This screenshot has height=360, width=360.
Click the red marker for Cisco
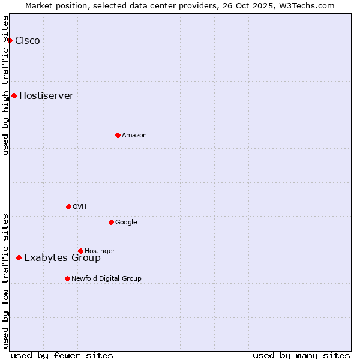click(10, 40)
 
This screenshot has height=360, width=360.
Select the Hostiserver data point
click(14, 95)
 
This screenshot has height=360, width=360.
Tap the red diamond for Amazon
click(118, 135)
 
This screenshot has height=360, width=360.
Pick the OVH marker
click(68, 206)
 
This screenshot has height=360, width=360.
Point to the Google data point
click(111, 222)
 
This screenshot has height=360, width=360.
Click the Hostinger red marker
click(80, 251)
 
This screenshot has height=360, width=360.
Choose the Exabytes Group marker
click(19, 257)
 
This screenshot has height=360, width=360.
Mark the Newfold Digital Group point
click(67, 278)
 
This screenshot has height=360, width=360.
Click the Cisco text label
click(28, 41)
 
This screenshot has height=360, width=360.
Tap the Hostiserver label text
click(46, 96)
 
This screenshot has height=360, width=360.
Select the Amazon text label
click(134, 136)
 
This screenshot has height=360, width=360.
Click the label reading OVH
click(80, 207)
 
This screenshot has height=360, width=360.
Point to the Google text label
click(126, 223)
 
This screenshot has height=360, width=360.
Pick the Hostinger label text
click(100, 251)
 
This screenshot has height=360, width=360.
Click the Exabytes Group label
click(62, 258)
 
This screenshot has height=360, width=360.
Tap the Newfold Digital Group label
click(106, 278)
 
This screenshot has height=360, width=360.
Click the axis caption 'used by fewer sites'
click(62, 355)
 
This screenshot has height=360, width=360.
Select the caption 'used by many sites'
click(301, 355)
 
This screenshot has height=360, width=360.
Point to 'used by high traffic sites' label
click(5, 85)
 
